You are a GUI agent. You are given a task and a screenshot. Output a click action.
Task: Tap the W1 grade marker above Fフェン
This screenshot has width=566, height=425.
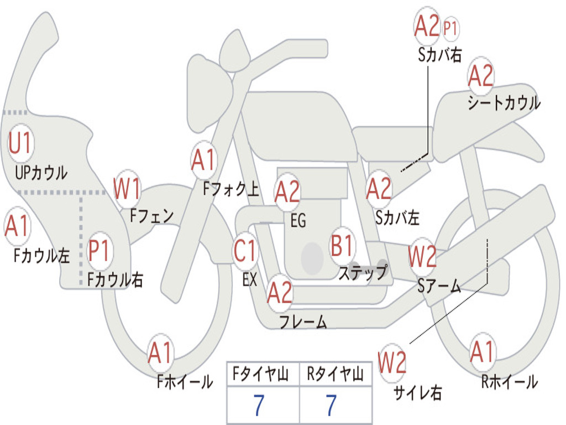pos(127,189)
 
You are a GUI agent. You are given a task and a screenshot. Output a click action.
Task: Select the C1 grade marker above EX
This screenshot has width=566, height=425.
pos(245,251)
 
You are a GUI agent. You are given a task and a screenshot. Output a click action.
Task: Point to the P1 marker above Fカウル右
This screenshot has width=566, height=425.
pos(100,251)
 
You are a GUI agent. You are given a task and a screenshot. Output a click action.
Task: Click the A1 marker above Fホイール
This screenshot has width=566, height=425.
pos(160,353)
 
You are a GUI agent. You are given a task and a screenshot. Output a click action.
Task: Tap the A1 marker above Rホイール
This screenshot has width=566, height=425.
pos(482,352)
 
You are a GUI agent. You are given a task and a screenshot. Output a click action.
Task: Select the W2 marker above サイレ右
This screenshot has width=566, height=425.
pos(392,363)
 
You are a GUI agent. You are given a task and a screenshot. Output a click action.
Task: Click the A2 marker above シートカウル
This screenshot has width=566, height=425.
pos(480,76)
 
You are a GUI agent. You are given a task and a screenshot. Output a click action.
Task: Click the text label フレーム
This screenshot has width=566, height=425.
pos(303,322)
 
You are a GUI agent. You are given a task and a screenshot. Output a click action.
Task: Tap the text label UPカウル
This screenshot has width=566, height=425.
pos(41,173)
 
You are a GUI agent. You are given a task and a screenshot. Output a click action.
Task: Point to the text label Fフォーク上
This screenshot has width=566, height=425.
pos(230,190)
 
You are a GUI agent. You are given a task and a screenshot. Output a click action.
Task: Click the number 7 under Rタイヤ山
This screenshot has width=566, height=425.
pos(331,406)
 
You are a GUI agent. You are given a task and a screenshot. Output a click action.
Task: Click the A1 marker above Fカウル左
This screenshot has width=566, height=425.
pos(17,227)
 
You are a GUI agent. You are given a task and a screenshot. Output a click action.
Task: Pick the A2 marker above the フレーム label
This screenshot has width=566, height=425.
pos(280,293)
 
